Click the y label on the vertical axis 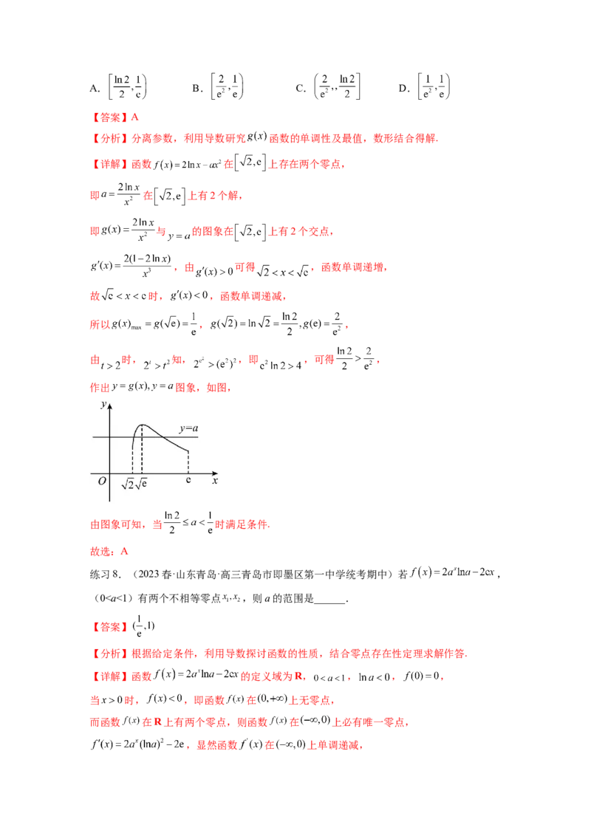tap(103, 405)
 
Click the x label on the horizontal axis tap(215, 481)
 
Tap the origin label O tap(103, 482)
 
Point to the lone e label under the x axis tap(188, 481)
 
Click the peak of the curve tap(142, 425)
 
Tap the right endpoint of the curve tap(188, 450)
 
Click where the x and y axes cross tap(110, 473)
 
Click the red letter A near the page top tap(134, 117)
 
